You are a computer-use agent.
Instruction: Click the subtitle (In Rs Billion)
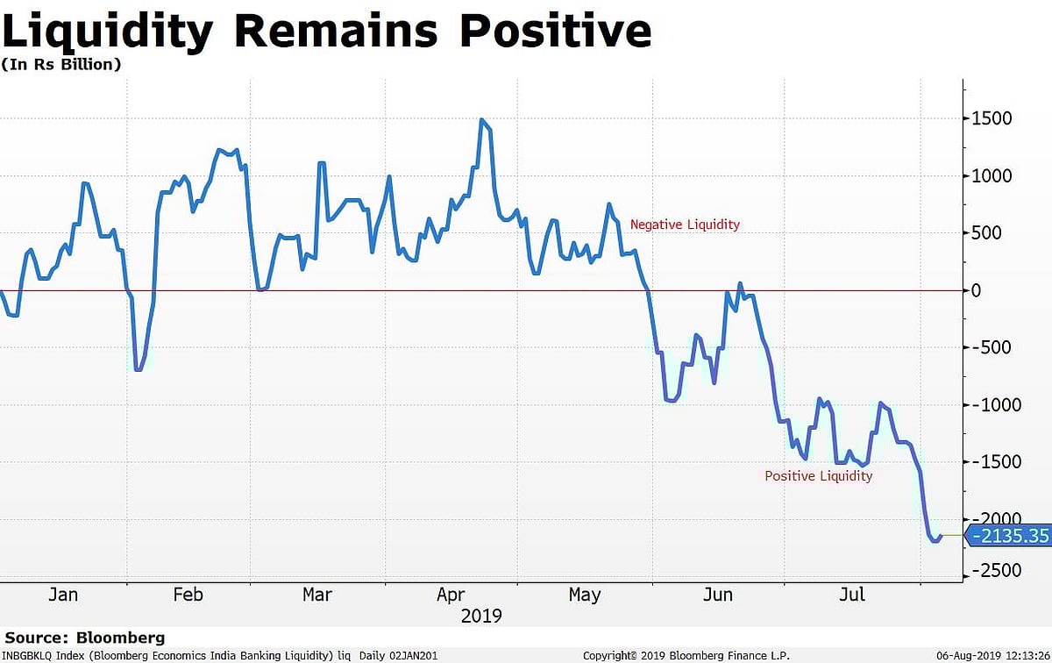(61, 64)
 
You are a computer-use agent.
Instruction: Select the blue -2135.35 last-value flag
(1008, 536)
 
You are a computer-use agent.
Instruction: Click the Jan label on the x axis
(63, 595)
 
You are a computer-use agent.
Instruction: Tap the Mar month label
(317, 595)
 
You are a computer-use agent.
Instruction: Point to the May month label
(585, 595)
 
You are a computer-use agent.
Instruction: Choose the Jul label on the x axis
(851, 595)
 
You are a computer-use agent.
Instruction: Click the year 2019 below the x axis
(481, 616)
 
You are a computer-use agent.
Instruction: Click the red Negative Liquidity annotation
(685, 225)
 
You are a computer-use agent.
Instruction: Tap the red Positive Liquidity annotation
(819, 476)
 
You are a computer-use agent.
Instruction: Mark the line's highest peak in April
(482, 119)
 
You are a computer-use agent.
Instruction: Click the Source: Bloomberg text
(85, 638)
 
